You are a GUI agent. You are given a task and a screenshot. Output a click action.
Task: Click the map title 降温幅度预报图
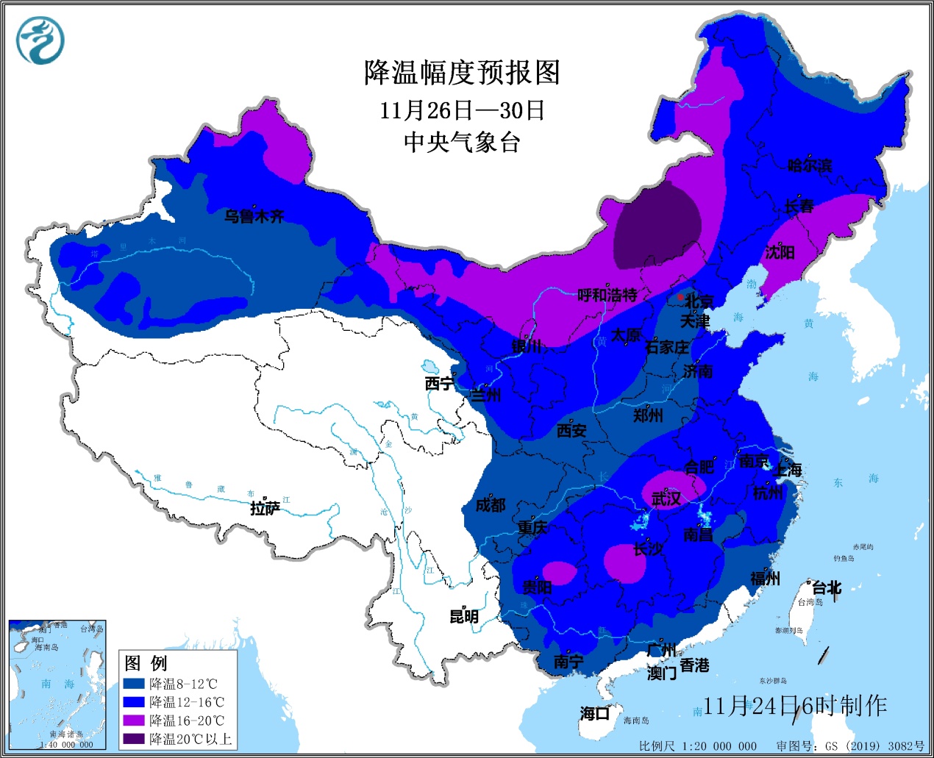(462, 73)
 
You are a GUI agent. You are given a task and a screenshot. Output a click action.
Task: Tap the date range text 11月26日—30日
(462, 110)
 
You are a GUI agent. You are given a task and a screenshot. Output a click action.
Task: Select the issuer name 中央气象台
(462, 142)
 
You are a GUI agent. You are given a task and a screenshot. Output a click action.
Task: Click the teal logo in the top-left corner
(41, 40)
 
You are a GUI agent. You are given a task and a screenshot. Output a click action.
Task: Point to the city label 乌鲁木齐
(254, 216)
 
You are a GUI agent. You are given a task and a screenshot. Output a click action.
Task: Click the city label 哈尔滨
(810, 165)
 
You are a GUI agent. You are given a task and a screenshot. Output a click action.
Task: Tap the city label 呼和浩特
(607, 296)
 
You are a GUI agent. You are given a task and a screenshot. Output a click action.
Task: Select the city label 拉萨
(265, 508)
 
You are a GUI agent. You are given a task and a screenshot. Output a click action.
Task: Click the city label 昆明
(464, 616)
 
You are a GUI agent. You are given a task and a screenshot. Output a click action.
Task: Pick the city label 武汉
(666, 499)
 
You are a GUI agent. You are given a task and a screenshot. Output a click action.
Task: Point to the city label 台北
(827, 587)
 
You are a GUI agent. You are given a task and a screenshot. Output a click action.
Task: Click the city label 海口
(594, 713)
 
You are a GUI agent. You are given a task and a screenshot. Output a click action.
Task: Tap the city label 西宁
(439, 384)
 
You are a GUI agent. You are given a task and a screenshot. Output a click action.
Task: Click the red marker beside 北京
(681, 298)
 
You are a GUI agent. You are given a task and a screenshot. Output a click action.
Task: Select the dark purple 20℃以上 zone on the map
(657, 224)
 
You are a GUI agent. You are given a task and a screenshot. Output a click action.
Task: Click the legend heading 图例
(146, 663)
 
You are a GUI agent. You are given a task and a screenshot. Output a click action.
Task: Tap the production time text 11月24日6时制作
(794, 706)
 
